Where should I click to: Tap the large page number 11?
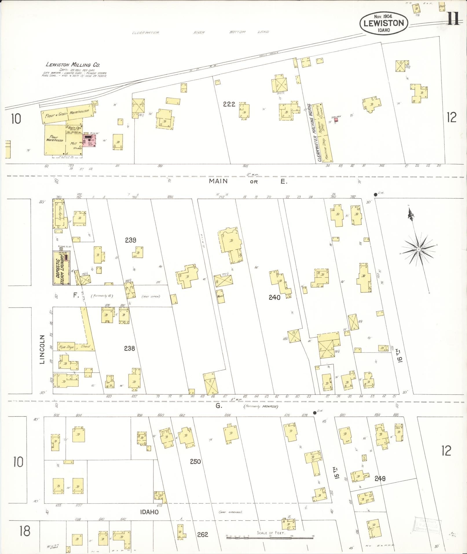pos(453,20)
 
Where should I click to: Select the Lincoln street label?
pos(43,349)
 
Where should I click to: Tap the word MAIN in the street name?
pos(219,181)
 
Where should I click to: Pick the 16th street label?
pos(400,356)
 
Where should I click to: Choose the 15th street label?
pos(337,473)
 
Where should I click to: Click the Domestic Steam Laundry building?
pos(61,268)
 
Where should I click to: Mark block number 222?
pos(229,104)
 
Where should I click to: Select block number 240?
pos(274,297)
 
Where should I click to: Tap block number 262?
pos(202,534)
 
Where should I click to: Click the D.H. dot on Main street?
pos(376,194)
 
